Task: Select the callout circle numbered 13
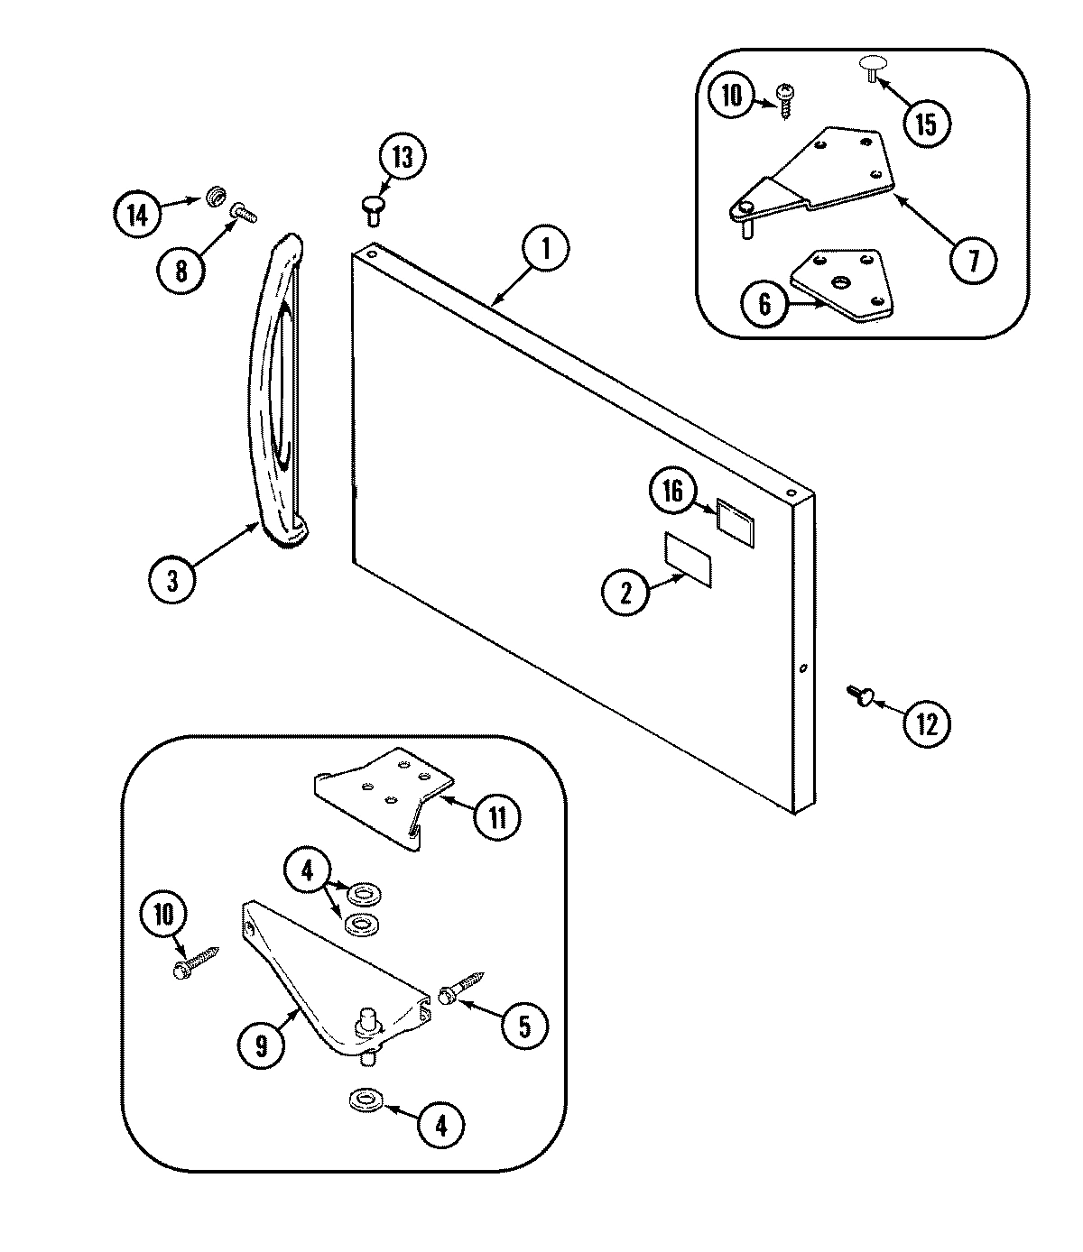tap(402, 158)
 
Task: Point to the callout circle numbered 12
tap(928, 723)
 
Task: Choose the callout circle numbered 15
tap(928, 124)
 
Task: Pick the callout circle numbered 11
tap(498, 817)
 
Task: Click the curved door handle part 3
tap(275, 388)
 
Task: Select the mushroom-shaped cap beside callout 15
tap(872, 68)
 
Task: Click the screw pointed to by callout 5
tap(461, 987)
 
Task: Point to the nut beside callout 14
tap(215, 194)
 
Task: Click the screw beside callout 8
tap(245, 212)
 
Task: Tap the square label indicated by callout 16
tap(734, 520)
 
